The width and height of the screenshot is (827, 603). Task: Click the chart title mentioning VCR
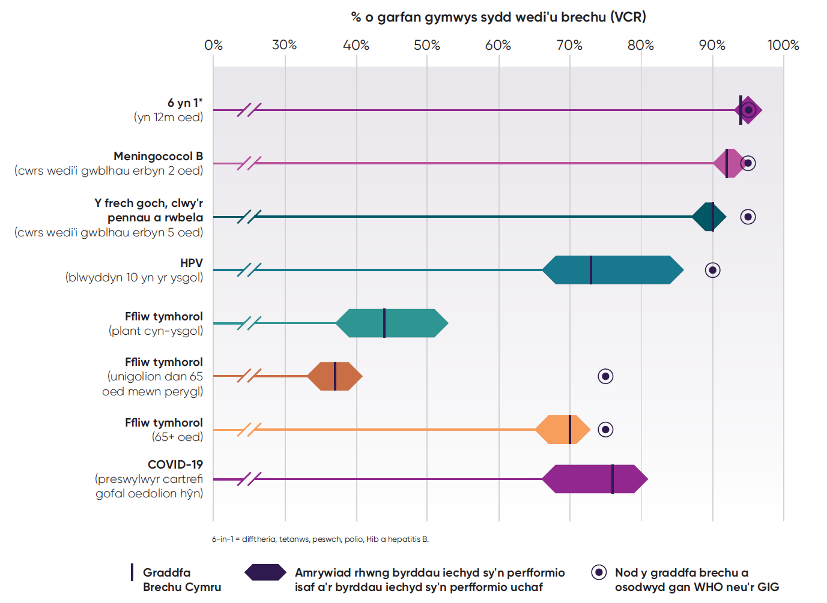click(x=498, y=17)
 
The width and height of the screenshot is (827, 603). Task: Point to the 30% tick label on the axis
click(x=284, y=45)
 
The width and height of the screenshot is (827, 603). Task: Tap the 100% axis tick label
click(x=783, y=45)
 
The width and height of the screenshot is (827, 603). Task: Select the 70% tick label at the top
click(x=569, y=45)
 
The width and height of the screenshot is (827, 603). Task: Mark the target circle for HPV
click(x=712, y=270)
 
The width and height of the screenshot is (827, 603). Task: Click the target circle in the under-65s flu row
click(x=605, y=376)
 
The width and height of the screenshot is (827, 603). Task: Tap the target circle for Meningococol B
click(x=748, y=163)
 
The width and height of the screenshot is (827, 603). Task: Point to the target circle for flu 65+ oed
click(x=605, y=430)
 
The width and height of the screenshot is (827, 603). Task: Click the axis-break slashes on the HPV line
click(x=249, y=270)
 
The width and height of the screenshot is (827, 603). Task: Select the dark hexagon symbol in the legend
click(x=265, y=572)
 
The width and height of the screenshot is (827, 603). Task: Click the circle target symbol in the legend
click(x=599, y=572)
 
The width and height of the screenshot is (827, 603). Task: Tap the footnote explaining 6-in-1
click(x=320, y=539)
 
